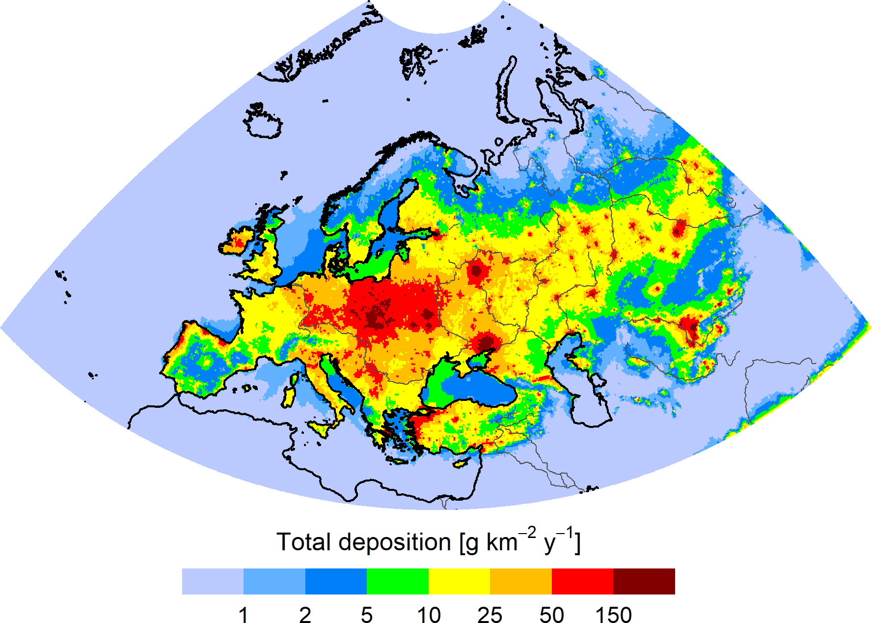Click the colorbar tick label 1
click(243, 615)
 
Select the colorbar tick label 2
click(305, 615)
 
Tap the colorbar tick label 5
click(367, 615)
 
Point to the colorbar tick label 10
click(429, 615)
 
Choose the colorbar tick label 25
click(490, 615)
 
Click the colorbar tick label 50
click(551, 615)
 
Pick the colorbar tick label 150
click(613, 615)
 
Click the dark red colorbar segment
click(644, 581)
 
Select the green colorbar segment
click(398, 581)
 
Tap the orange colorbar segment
click(521, 581)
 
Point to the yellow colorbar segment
click(459, 581)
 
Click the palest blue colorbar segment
click(213, 581)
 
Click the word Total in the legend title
click(303, 542)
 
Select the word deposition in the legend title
click(394, 543)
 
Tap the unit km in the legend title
click(502, 542)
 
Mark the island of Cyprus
click(462, 463)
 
